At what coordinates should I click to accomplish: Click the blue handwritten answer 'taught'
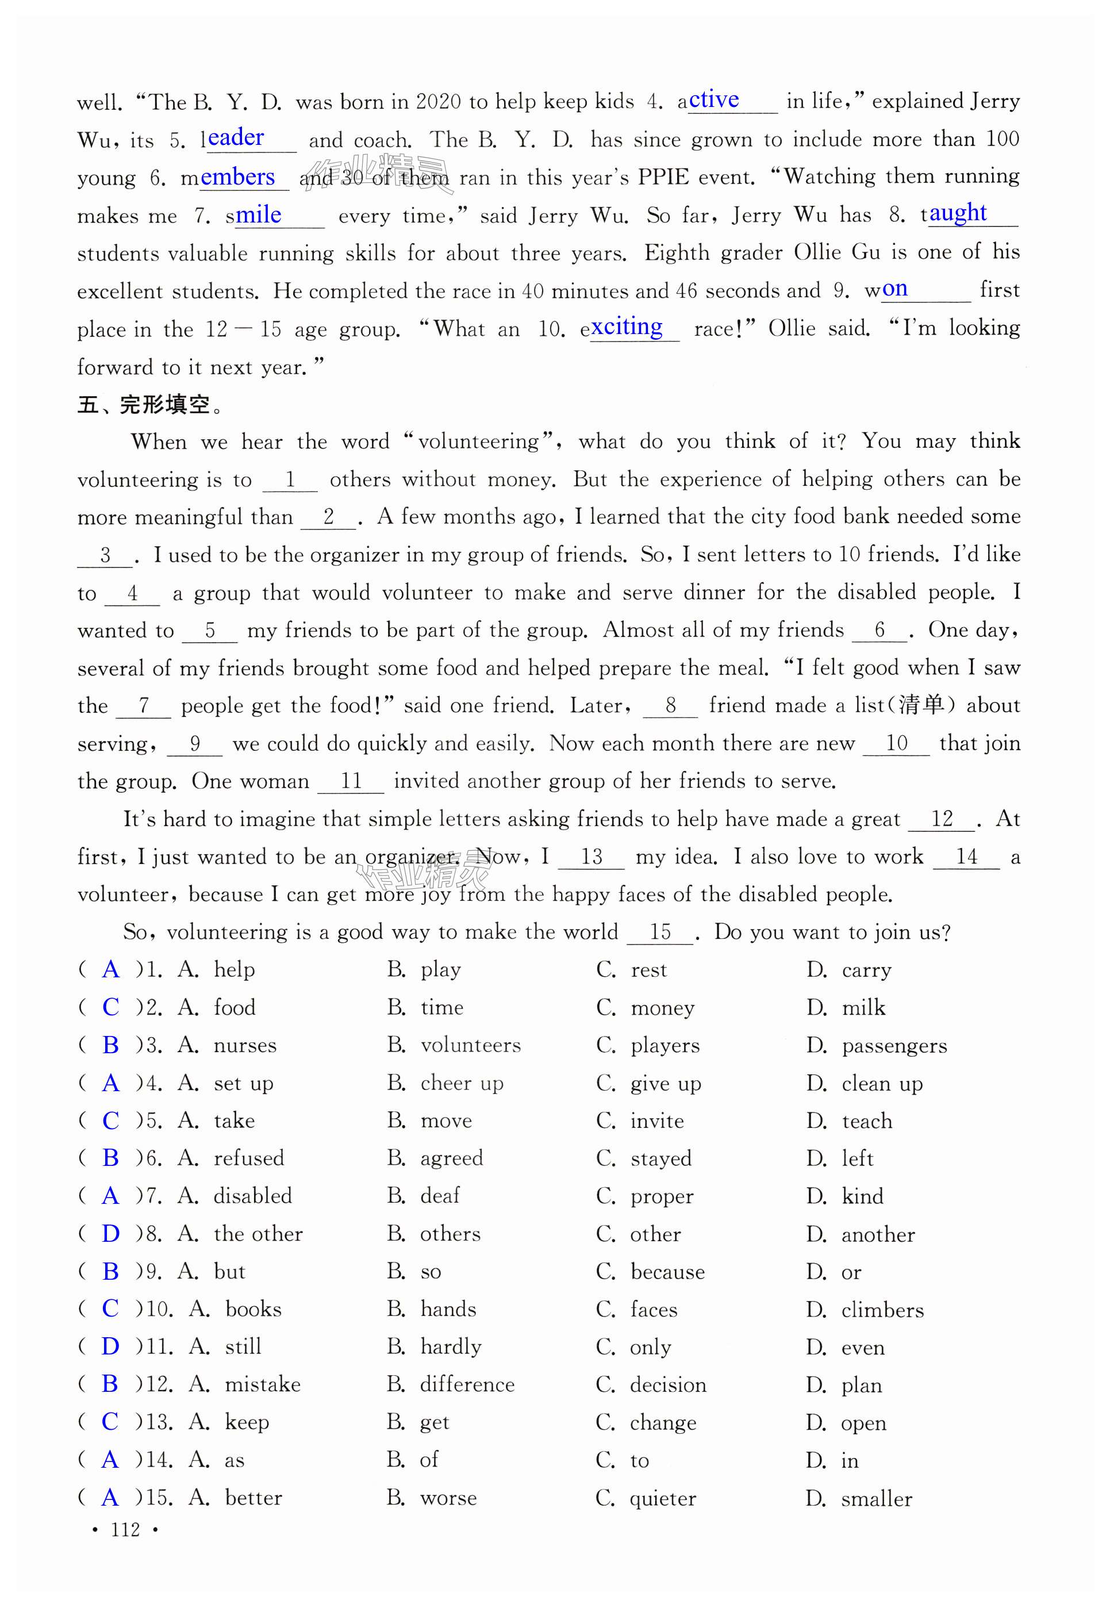click(958, 213)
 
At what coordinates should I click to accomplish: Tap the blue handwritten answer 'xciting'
click(627, 326)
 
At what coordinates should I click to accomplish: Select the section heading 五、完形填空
click(149, 405)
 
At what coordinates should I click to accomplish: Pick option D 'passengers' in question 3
click(894, 1045)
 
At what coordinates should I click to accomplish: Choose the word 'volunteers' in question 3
click(470, 1045)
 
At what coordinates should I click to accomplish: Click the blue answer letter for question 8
click(110, 1233)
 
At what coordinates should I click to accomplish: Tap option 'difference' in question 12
click(467, 1385)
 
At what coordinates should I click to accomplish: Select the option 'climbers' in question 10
click(882, 1310)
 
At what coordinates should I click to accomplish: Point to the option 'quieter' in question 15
click(663, 1498)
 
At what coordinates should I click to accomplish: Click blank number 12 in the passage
click(942, 819)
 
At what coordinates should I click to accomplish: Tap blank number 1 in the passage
click(290, 479)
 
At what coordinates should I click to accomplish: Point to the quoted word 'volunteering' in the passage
click(478, 442)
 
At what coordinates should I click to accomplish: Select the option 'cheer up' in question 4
click(462, 1083)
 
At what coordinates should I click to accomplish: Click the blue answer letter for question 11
click(110, 1346)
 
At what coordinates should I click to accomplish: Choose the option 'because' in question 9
click(668, 1271)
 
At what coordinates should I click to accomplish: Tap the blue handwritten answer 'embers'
click(238, 177)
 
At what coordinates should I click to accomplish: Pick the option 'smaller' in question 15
click(876, 1498)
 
